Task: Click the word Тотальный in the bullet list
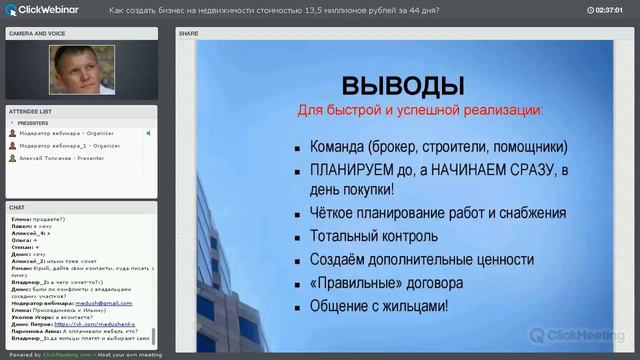345,236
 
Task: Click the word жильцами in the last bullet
412,306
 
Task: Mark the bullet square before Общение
299,307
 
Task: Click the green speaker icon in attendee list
148,133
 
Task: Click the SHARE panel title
189,33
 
